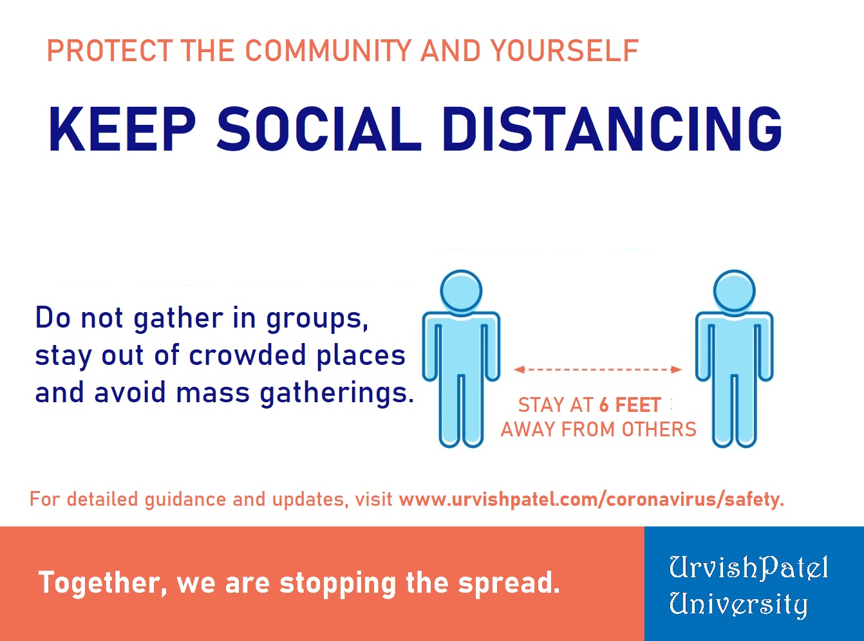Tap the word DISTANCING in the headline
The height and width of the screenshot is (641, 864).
(x=612, y=129)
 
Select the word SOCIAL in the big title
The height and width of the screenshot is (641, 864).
(x=319, y=129)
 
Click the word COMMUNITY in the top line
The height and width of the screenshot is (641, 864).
(x=328, y=51)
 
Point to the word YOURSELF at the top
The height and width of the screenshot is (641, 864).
(x=565, y=51)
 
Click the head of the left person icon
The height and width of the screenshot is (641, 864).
(x=461, y=290)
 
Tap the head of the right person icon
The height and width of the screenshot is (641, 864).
(x=735, y=290)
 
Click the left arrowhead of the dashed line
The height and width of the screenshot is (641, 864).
(x=519, y=369)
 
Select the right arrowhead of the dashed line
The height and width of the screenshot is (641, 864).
(x=677, y=369)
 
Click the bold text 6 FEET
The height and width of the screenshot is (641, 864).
(x=630, y=405)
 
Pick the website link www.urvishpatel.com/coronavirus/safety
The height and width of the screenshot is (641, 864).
(x=591, y=499)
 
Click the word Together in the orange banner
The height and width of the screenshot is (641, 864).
(x=103, y=583)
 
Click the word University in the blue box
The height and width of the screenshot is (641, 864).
(x=738, y=605)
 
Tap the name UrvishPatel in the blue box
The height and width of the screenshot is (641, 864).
(x=748, y=568)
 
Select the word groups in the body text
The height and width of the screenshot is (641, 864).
(x=317, y=319)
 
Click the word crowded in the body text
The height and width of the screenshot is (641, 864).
(x=248, y=355)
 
